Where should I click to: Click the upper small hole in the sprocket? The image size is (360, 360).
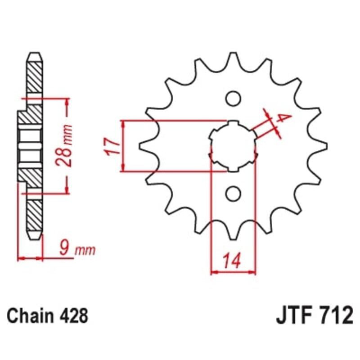tap(233, 98)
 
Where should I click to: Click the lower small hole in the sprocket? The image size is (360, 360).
tap(233, 193)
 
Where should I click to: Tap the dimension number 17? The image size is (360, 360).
tap(112, 146)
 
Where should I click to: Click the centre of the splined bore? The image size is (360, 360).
tap(233, 146)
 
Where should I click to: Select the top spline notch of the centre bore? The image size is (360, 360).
tap(233, 122)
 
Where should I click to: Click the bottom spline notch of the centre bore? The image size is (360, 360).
tap(233, 170)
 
